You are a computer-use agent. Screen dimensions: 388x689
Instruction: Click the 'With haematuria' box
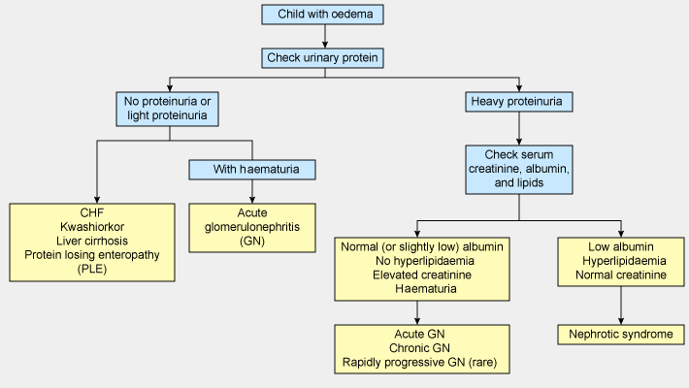(252, 170)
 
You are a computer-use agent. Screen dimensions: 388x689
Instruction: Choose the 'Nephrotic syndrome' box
(621, 335)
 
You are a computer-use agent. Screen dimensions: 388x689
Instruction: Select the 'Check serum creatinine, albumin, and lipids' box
(518, 170)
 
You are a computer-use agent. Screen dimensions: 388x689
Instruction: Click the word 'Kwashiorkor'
(93, 226)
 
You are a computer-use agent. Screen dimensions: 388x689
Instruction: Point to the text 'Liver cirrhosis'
(93, 241)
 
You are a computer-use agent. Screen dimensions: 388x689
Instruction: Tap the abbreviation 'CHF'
(93, 211)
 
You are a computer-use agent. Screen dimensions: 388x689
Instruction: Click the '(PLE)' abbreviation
(93, 270)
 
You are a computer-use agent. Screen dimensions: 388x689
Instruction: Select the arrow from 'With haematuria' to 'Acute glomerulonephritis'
(252, 192)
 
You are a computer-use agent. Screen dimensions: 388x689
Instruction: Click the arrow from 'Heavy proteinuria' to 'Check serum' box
(519, 128)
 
